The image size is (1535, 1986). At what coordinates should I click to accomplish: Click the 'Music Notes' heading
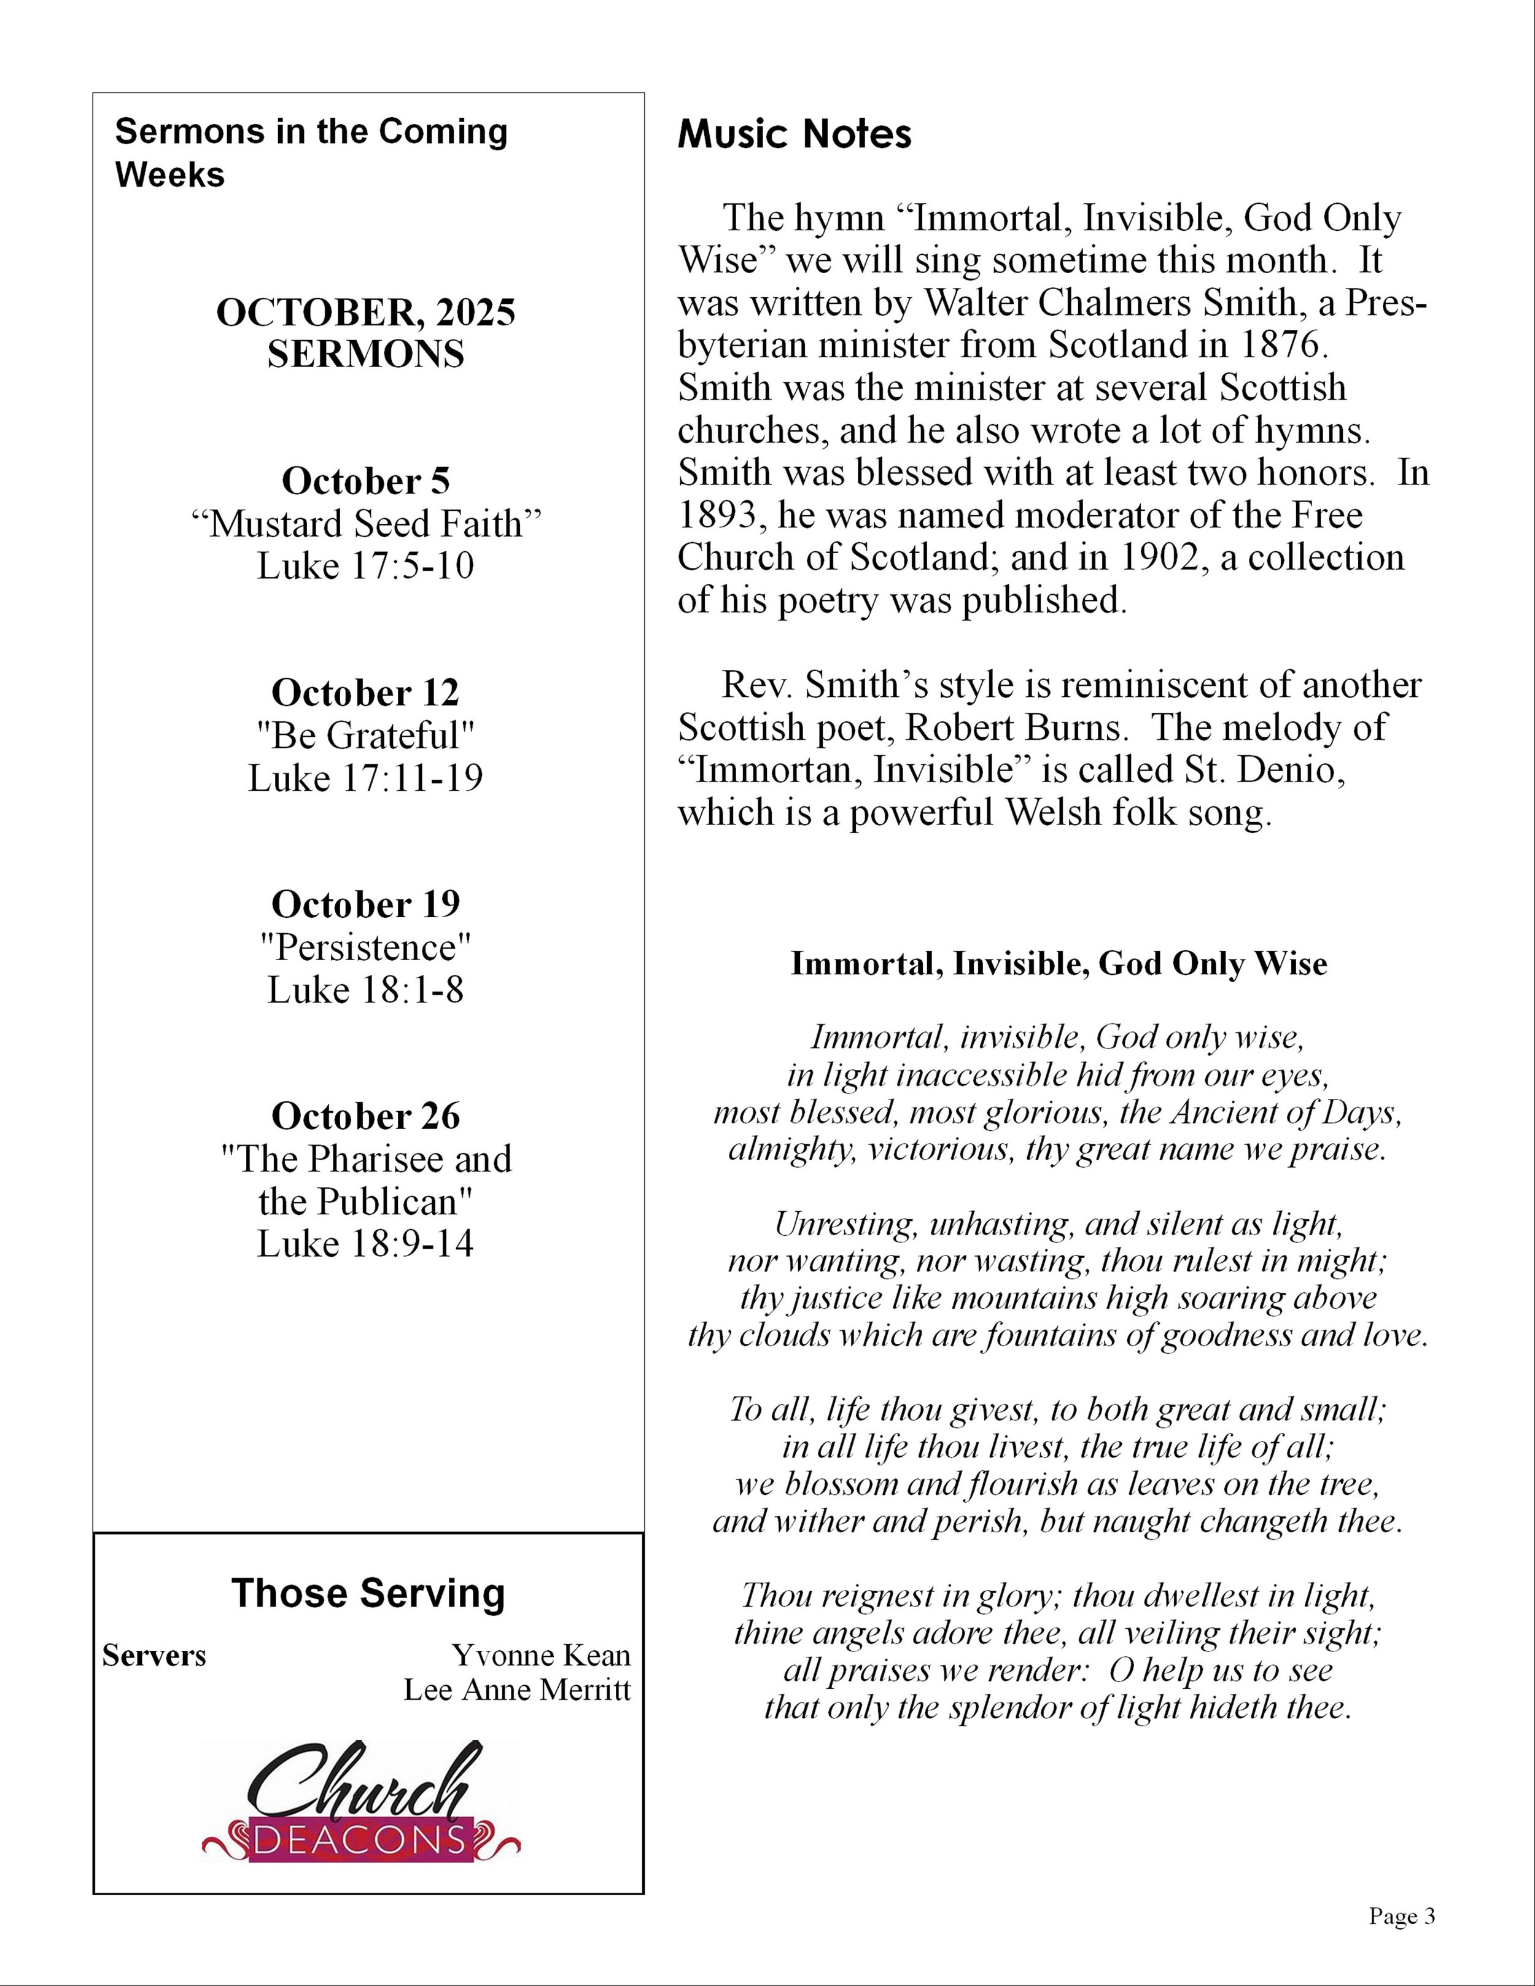[x=794, y=134]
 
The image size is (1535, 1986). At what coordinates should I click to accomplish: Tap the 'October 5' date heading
[x=365, y=481]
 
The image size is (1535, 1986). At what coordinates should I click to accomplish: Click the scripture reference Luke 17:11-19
[x=365, y=778]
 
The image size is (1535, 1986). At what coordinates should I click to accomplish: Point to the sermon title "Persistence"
[x=365, y=947]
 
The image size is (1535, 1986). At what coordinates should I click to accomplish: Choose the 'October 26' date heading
[x=365, y=1115]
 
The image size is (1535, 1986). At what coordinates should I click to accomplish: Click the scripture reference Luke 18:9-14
[x=365, y=1243]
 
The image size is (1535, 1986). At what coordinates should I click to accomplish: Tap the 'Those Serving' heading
[x=367, y=1593]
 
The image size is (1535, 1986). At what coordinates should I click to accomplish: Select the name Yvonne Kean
[x=541, y=1655]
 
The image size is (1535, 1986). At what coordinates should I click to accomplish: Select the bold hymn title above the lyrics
[x=1059, y=964]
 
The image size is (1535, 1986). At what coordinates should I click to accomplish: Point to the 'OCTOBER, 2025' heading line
[x=365, y=313]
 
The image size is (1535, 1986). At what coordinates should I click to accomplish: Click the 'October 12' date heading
[x=365, y=693]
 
